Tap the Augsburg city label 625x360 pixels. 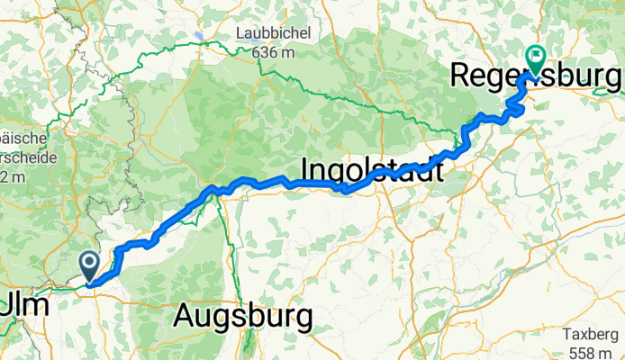243,316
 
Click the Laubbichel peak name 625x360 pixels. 273,33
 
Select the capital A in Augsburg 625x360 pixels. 186,316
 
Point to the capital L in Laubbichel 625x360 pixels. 240,33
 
